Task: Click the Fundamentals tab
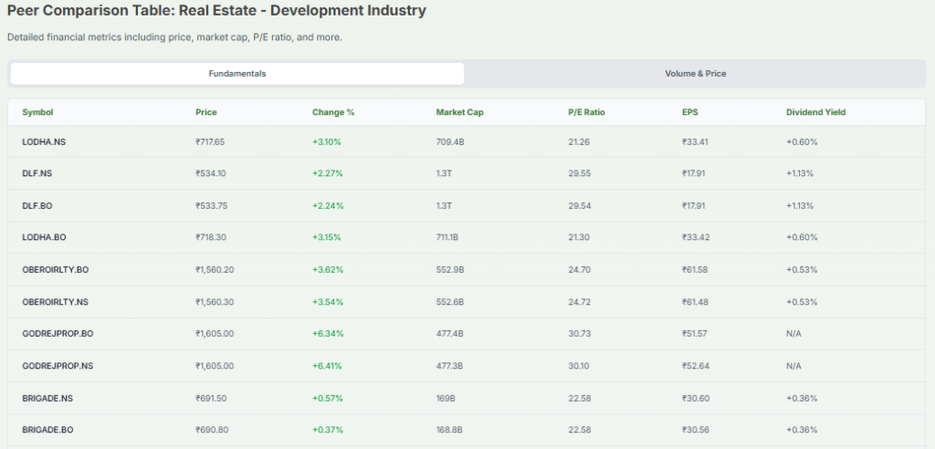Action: (x=236, y=73)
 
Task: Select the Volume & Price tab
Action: (x=695, y=73)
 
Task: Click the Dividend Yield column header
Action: (x=815, y=112)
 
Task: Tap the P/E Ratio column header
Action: (x=586, y=112)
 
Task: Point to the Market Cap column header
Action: (x=459, y=112)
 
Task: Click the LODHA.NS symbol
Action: (x=44, y=141)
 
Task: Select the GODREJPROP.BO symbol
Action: (x=58, y=333)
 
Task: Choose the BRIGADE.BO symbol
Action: (x=47, y=429)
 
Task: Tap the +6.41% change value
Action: (x=328, y=365)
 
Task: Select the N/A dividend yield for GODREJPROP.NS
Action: (x=793, y=365)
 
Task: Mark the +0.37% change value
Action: (x=328, y=429)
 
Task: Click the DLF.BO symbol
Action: (x=37, y=205)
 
